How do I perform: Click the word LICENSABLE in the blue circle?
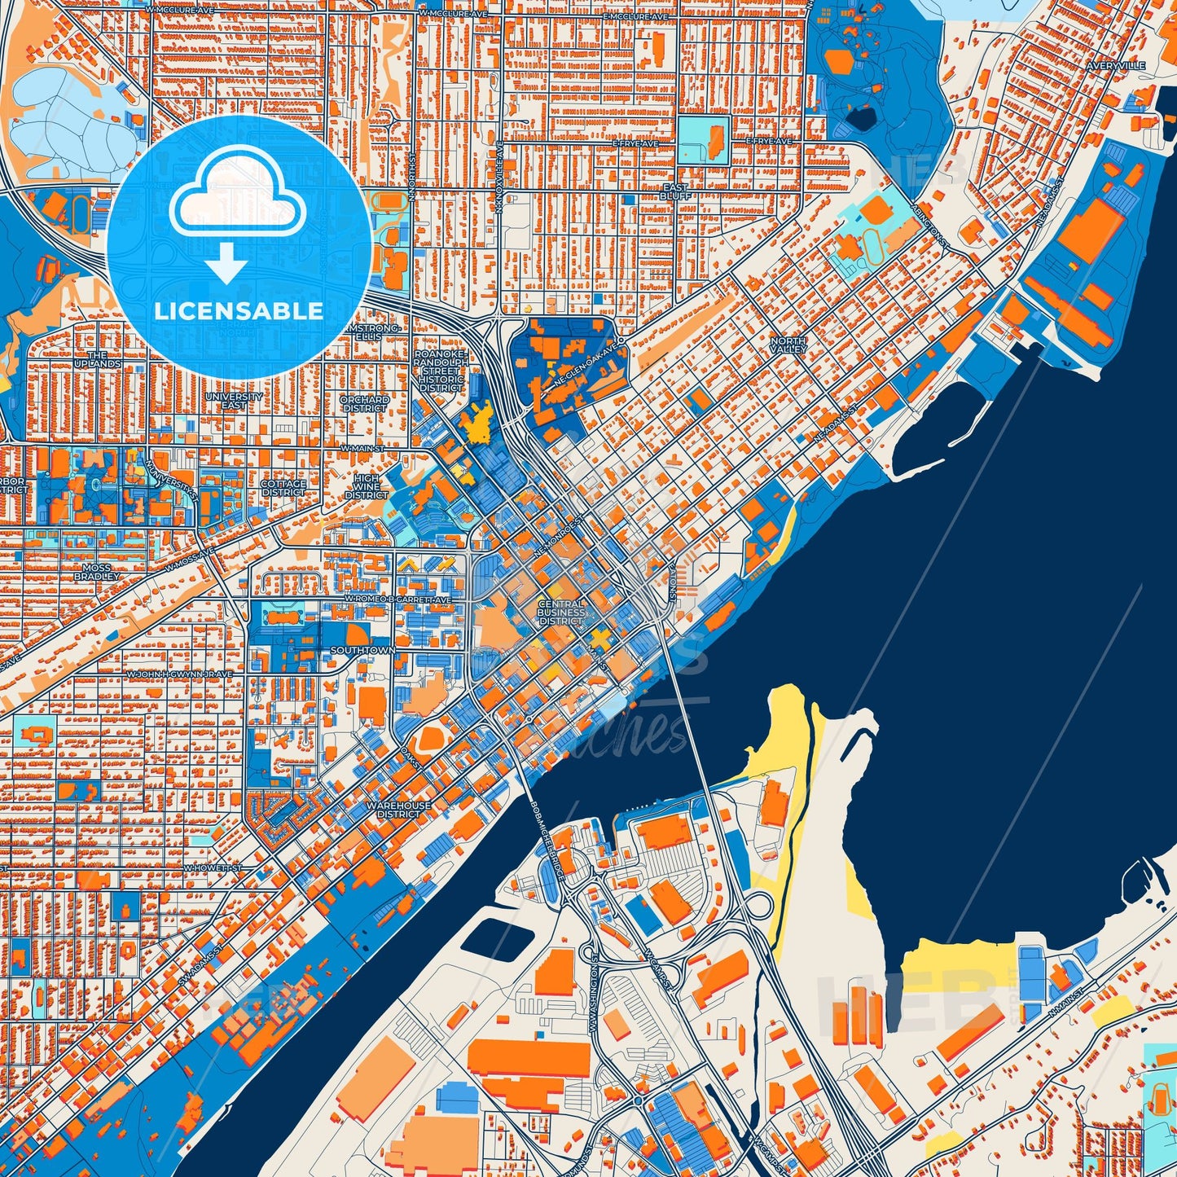click(x=239, y=311)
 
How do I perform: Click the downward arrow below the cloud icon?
click(x=227, y=265)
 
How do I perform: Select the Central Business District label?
click(x=561, y=613)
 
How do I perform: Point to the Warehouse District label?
click(x=398, y=809)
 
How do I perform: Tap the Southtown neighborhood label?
click(x=362, y=651)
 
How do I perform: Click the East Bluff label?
click(x=675, y=191)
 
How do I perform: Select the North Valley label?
click(x=788, y=345)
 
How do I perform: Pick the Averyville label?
click(x=1121, y=65)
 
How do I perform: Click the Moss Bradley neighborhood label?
click(x=96, y=572)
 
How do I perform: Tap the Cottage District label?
click(x=283, y=488)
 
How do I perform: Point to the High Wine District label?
click(x=367, y=486)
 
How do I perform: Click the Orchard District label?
click(x=364, y=404)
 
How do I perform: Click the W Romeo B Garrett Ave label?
click(x=397, y=599)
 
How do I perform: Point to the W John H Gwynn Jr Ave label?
click(x=179, y=674)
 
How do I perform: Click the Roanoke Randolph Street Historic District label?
click(x=441, y=371)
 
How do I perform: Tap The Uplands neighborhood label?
click(x=98, y=359)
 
